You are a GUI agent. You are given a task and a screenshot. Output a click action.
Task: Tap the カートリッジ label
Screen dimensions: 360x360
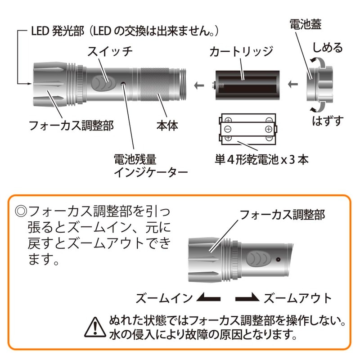point(241,52)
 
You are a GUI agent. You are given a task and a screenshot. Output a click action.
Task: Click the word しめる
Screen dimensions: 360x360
point(328,49)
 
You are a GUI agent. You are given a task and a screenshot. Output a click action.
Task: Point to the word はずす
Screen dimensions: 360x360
point(328,121)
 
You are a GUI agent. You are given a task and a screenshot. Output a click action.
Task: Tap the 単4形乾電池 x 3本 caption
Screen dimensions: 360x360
point(261,159)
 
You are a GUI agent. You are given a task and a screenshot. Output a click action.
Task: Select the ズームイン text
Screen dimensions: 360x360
point(164,298)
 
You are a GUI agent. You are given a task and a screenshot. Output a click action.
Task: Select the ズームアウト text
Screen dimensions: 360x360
point(297,298)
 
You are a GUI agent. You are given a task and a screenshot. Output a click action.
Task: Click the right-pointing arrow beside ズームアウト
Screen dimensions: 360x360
point(247,298)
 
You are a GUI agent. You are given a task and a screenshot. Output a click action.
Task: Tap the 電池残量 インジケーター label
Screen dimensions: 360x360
point(143,166)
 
